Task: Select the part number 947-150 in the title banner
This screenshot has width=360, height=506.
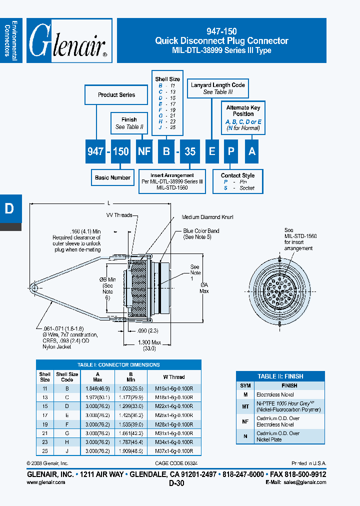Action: (x=221, y=31)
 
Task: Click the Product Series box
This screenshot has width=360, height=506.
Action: (x=116, y=95)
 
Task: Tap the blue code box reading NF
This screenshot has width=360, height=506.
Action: (x=144, y=151)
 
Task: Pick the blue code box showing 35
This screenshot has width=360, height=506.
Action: (x=190, y=151)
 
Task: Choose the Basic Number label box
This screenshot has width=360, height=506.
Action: (x=112, y=177)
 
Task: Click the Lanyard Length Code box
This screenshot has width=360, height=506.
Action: (x=218, y=88)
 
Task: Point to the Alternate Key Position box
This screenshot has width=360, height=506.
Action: (x=243, y=118)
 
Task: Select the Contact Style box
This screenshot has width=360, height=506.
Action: (x=238, y=181)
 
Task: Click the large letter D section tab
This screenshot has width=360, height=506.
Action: (x=9, y=208)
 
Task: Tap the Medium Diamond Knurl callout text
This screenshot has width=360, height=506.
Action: (x=207, y=217)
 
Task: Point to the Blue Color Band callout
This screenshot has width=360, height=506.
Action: (x=201, y=234)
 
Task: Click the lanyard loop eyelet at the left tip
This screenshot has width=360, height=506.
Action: (x=33, y=287)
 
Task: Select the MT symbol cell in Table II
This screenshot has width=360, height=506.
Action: (x=245, y=406)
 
